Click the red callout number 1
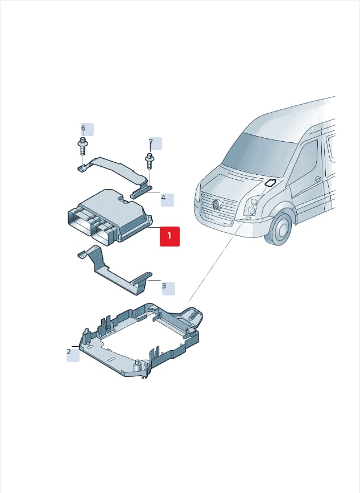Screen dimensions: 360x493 pos(169,236)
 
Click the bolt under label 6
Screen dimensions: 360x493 pos(82,146)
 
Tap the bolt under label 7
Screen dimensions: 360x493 pos(150,161)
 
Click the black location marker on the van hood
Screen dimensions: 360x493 pos(270,183)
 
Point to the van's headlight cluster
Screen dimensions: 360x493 pos(253,206)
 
